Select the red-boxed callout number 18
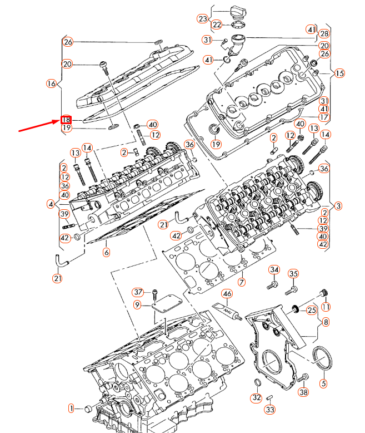click(x=66, y=120)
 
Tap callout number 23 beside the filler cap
click(x=202, y=19)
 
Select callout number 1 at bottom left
click(x=71, y=409)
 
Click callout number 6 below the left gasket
click(x=106, y=252)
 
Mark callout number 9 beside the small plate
click(x=137, y=304)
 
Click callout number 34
click(x=273, y=270)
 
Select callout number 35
click(x=293, y=273)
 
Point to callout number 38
click(x=303, y=392)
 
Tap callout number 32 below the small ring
click(x=256, y=398)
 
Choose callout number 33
click(x=269, y=410)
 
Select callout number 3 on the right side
click(x=338, y=205)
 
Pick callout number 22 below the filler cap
click(x=217, y=24)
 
